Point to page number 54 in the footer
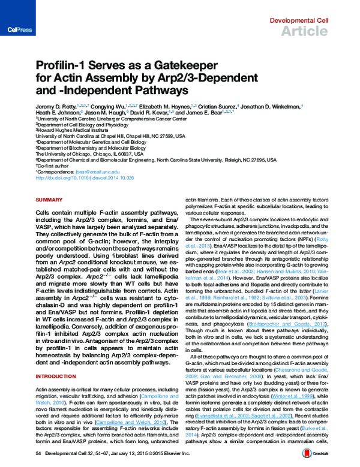click(38, 454)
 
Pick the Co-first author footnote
click(52, 167)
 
